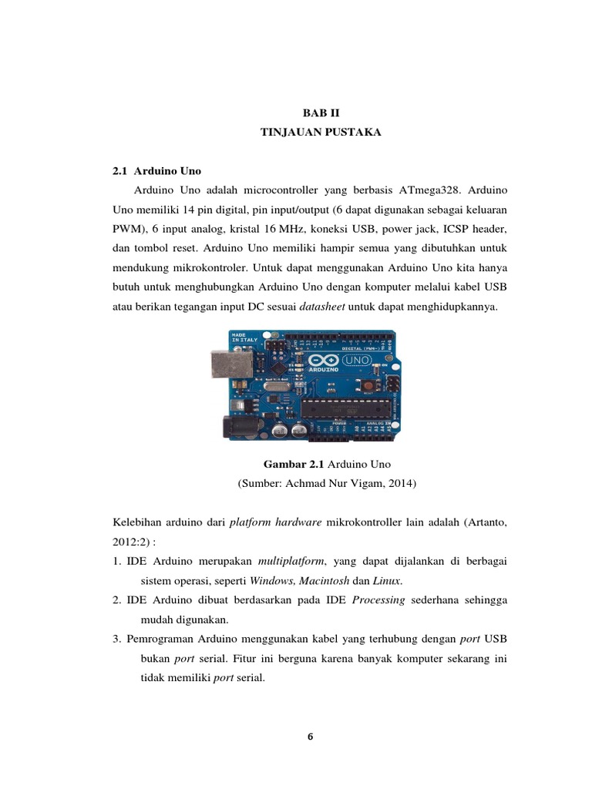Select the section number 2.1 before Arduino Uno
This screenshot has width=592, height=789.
pyautogui.click(x=121, y=171)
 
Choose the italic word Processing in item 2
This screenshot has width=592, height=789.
pyautogui.click(x=378, y=600)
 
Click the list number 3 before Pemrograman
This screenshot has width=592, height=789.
pyautogui.click(x=116, y=640)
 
